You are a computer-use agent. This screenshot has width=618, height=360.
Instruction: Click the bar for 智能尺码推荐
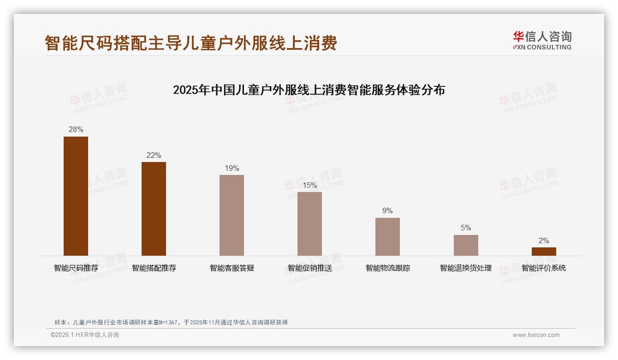tap(76, 196)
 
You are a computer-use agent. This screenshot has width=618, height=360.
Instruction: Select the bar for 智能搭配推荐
tap(154, 209)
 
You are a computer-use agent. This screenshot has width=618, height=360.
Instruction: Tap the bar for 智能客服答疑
tap(232, 215)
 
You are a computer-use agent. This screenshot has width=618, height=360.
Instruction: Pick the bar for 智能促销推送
tap(309, 224)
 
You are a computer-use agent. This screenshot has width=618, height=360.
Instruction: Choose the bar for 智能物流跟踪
tap(387, 237)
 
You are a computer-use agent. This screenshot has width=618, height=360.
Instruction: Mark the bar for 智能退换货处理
tap(466, 245)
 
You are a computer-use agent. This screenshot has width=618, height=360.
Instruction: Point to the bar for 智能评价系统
tap(544, 252)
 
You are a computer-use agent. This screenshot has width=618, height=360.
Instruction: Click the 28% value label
tap(76, 130)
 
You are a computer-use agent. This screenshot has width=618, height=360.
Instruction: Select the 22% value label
tap(154, 156)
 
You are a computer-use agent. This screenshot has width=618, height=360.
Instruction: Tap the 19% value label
tap(232, 168)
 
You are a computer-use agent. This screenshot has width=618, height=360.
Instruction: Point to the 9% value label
tap(387, 211)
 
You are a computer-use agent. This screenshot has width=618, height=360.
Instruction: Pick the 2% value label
tap(544, 241)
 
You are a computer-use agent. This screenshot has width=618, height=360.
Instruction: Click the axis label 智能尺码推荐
tap(76, 268)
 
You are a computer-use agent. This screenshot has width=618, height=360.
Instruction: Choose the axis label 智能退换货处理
tap(466, 268)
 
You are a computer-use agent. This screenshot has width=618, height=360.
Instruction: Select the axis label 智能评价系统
tap(544, 268)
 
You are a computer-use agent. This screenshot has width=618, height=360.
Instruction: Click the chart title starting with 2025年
tap(309, 90)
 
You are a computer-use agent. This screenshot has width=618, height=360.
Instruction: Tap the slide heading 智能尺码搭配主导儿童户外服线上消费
tap(191, 43)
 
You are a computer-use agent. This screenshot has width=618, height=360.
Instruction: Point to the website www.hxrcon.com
tap(536, 335)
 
